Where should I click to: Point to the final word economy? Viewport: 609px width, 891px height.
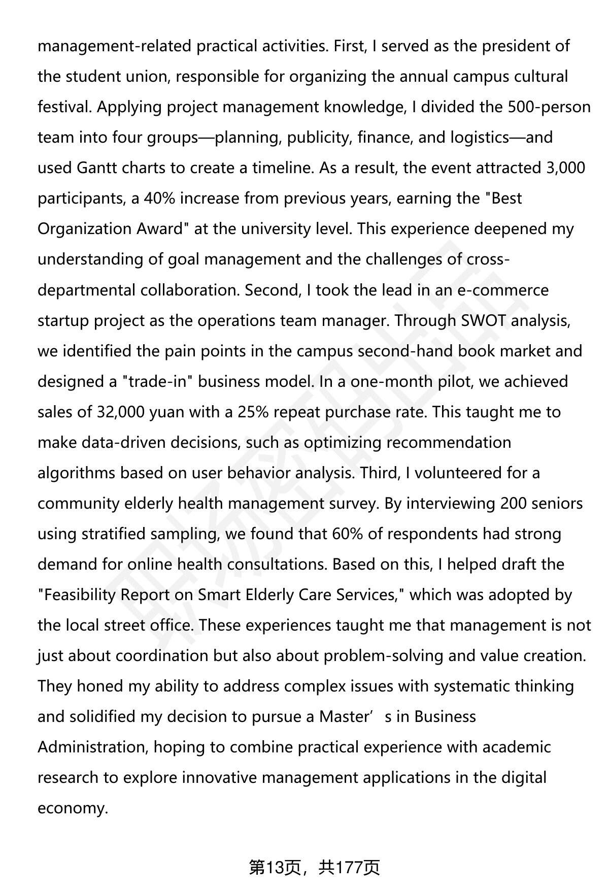73,808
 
